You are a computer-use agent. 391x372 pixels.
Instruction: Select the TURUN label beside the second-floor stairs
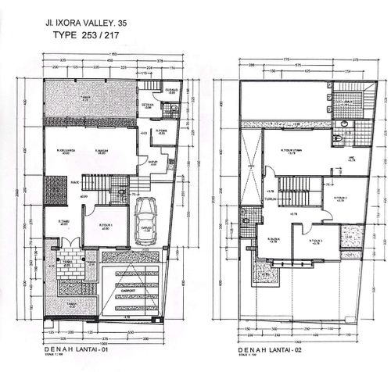tap(271, 199)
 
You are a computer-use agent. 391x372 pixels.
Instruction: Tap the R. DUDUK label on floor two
tap(273, 239)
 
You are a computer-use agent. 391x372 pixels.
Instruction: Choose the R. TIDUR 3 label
tap(315, 240)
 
